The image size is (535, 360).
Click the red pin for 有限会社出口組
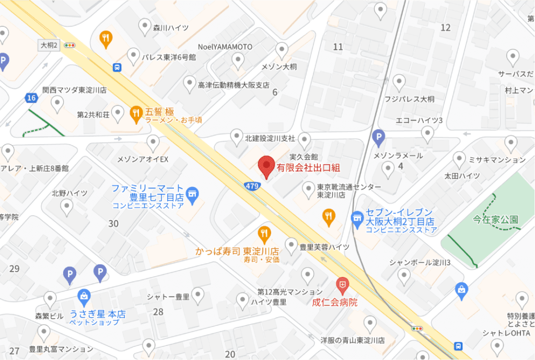tap(266, 167)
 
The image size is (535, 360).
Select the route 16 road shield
tap(32, 98)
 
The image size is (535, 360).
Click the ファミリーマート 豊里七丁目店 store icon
tap(192, 194)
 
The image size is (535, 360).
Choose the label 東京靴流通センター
tap(349, 187)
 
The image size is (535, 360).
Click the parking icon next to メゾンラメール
tap(379, 138)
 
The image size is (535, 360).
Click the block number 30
tap(113, 224)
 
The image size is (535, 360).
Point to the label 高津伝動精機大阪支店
tap(234, 85)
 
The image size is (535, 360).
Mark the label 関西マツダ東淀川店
tap(75, 90)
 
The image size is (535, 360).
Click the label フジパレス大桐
tap(410, 99)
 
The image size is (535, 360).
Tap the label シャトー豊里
tap(168, 297)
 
